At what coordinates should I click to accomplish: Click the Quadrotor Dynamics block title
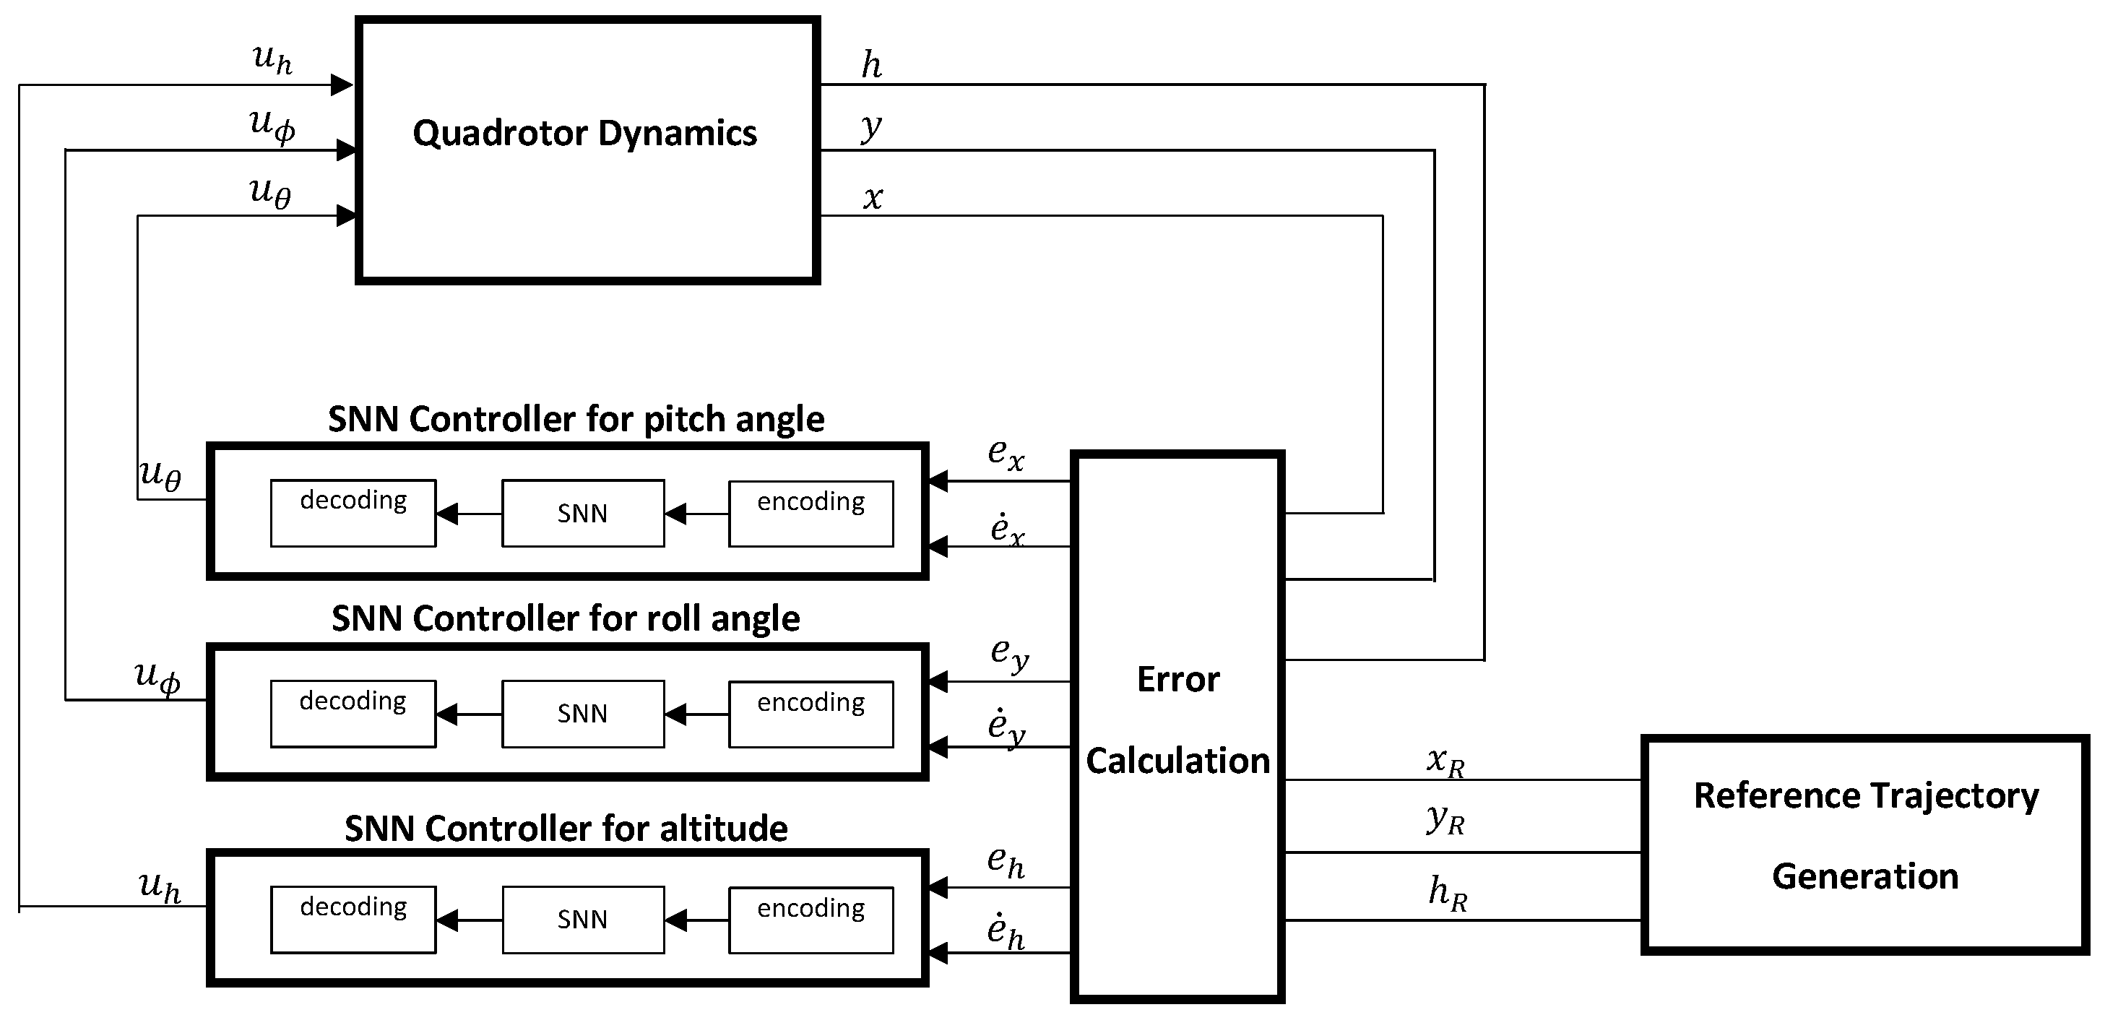[585, 133]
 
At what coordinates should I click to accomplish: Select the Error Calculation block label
[1177, 720]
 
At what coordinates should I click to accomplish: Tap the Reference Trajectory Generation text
[1867, 835]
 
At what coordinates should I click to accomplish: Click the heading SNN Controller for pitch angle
[576, 419]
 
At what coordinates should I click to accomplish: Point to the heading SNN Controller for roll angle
[566, 618]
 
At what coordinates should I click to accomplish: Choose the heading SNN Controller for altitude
[566, 829]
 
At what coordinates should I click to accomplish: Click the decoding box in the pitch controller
[353, 513]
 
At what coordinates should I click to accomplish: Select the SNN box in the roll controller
[583, 714]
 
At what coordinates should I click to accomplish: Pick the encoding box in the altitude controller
[811, 920]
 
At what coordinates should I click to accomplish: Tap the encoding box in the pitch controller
[811, 513]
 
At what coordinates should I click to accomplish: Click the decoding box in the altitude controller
[353, 920]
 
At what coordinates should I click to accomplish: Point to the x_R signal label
[1445, 761]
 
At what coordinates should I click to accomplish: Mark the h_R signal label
[1447, 892]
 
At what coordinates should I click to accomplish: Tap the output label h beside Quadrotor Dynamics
[872, 64]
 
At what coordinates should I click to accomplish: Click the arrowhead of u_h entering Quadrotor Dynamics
[342, 85]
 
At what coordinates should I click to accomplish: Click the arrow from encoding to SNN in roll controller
[696, 715]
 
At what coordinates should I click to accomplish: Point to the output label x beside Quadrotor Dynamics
[873, 198]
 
